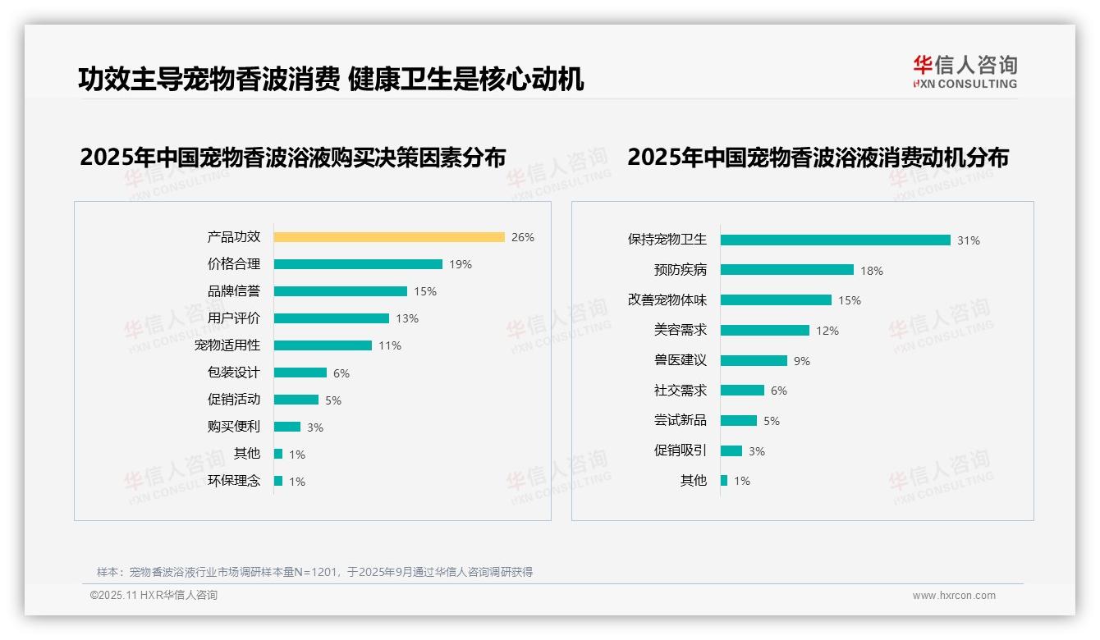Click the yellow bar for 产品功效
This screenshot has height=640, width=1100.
point(389,237)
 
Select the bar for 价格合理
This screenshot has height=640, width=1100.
point(358,264)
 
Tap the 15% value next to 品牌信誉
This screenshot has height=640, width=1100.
point(425,291)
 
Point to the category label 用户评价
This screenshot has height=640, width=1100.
point(233,318)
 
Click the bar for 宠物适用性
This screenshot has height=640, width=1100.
point(323,345)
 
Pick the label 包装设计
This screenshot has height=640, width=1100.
point(233,373)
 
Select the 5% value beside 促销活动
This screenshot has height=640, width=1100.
point(333,400)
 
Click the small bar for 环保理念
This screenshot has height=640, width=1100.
point(278,481)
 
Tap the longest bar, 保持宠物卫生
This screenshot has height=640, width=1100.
point(835,240)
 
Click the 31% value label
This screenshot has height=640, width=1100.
point(969,240)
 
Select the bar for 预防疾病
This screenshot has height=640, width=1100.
point(786,270)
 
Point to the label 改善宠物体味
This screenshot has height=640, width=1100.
point(667,300)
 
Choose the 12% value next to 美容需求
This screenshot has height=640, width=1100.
point(827,331)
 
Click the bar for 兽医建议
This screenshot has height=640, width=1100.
point(754,360)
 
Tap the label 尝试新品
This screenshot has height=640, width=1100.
point(680,420)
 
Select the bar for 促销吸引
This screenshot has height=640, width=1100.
point(731,450)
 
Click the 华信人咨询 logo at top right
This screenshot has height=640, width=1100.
point(965,71)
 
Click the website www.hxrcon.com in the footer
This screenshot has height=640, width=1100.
point(954,596)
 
